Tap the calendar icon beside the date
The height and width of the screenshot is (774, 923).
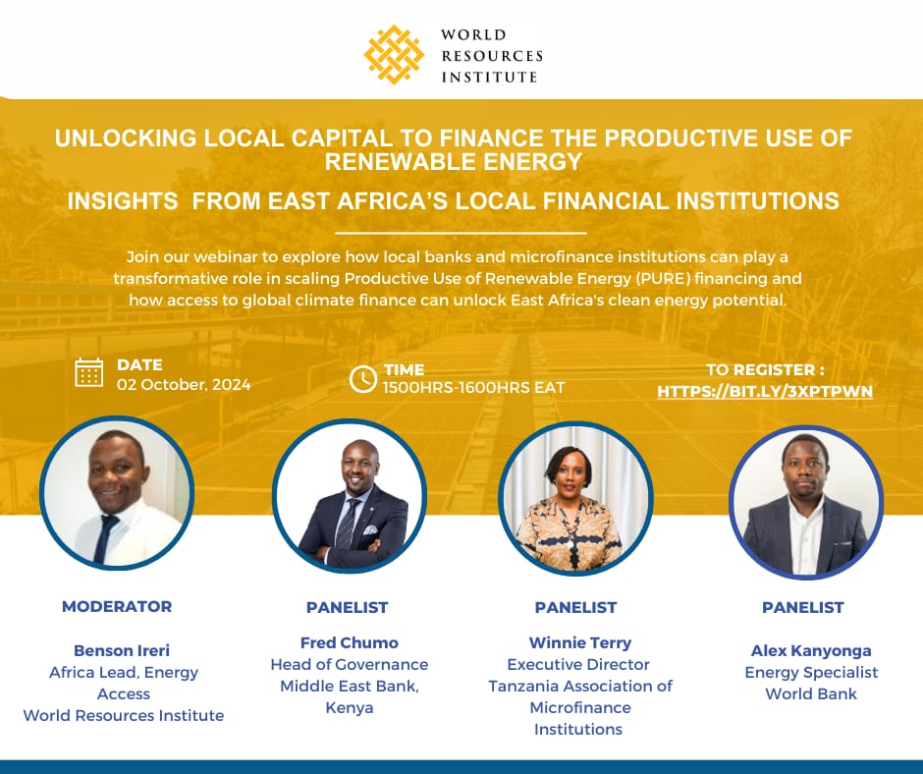click(89, 372)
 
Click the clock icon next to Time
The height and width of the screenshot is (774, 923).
click(363, 378)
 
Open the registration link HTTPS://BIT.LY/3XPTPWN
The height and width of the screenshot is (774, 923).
click(765, 391)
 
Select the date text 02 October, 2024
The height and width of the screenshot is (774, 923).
click(184, 384)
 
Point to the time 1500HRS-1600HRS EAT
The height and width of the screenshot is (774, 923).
click(474, 387)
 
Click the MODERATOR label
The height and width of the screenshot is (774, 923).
click(117, 606)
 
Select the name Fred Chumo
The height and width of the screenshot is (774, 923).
click(350, 642)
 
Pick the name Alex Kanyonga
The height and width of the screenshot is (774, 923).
click(811, 650)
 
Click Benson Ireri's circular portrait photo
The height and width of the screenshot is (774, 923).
click(117, 496)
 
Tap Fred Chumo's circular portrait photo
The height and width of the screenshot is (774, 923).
click(350, 496)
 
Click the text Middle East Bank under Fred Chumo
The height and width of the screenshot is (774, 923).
click(350, 686)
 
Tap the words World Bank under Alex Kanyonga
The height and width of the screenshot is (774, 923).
click(811, 693)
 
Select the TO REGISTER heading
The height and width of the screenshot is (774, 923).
click(765, 370)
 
